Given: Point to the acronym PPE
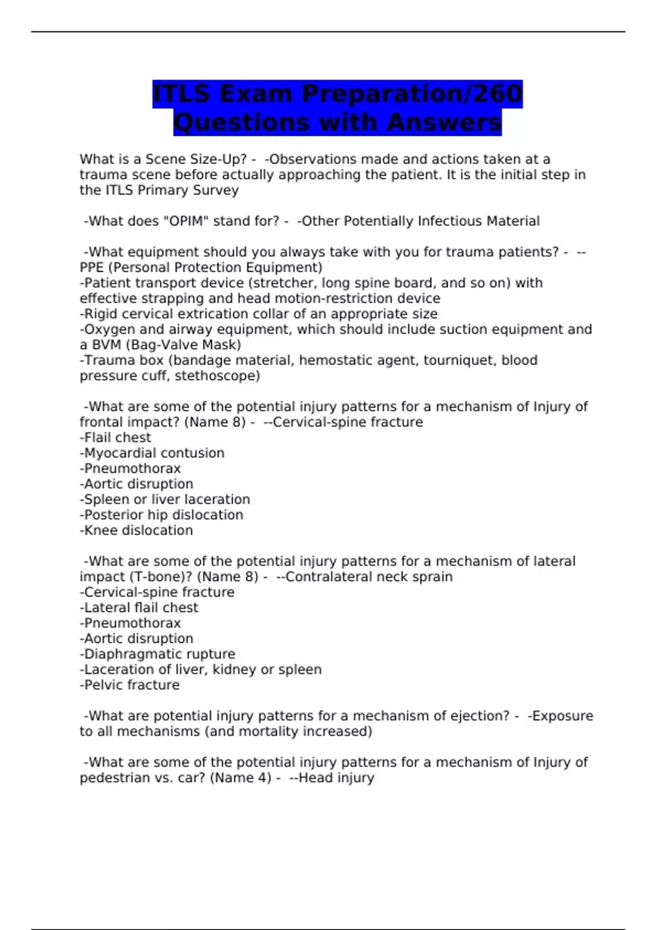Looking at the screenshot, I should (91, 268).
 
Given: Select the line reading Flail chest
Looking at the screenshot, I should (116, 438).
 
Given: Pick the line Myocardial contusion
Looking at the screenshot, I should (152, 453).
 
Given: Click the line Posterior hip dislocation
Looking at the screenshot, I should (162, 515).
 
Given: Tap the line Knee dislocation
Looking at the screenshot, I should (136, 530).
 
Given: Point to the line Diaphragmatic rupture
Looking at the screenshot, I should (158, 654).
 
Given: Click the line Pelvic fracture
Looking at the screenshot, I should (130, 685).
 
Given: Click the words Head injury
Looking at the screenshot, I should (336, 777).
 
